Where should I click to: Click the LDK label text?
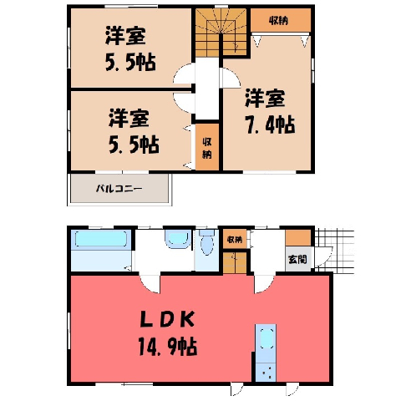tap(166, 320)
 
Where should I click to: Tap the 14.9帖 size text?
tap(168, 346)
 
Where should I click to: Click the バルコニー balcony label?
tap(119, 189)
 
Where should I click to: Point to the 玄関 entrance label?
tap(297, 259)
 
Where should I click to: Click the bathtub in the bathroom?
tap(101, 239)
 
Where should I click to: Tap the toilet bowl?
tap(207, 242)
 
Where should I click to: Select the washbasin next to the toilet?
tap(178, 239)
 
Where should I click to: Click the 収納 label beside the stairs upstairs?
tap(278, 21)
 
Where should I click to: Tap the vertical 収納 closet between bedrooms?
tap(207, 147)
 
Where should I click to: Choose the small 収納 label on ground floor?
tap(235, 240)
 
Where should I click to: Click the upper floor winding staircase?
tap(221, 33)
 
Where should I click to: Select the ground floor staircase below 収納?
tap(235, 262)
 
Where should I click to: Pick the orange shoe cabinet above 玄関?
tap(298, 237)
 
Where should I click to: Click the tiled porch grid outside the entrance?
tap(335, 250)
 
